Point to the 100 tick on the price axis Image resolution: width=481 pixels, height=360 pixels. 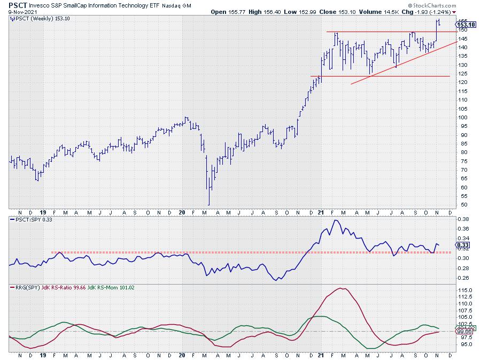(464, 117)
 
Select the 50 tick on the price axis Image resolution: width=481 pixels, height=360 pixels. (463, 205)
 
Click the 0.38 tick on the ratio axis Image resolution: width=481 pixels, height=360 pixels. (465, 219)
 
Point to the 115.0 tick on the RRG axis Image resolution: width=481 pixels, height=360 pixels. (466, 290)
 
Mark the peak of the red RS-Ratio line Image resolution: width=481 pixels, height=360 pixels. (340, 288)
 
